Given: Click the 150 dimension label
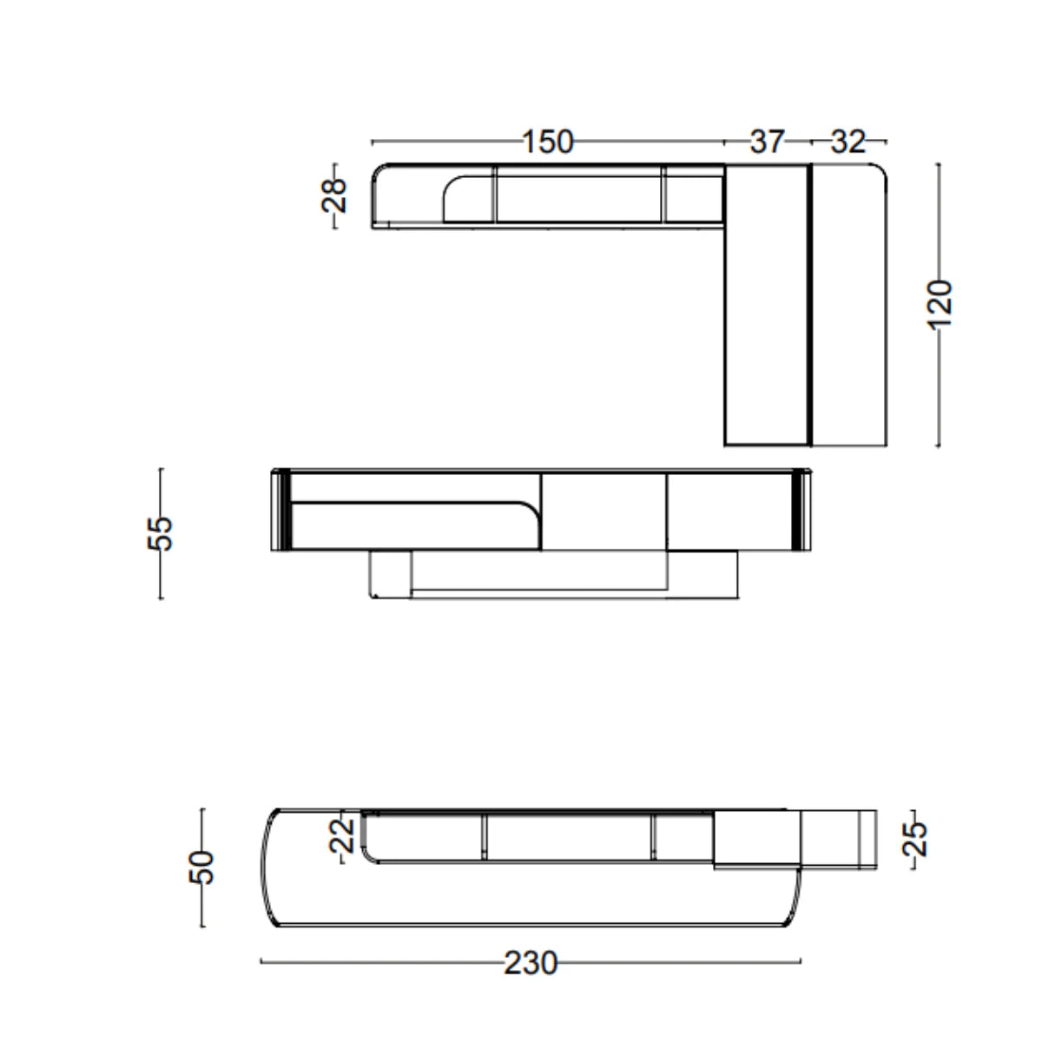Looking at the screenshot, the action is point(547,142).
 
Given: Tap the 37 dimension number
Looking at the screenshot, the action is point(767,142).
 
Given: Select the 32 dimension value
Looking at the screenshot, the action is point(847,142).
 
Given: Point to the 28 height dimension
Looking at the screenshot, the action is point(333,195).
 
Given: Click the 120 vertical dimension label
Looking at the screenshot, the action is point(940,305).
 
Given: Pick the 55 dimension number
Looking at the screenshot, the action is point(160,533).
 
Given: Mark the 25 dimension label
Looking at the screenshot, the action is point(914,839).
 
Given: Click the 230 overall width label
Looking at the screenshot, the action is point(531,963).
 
